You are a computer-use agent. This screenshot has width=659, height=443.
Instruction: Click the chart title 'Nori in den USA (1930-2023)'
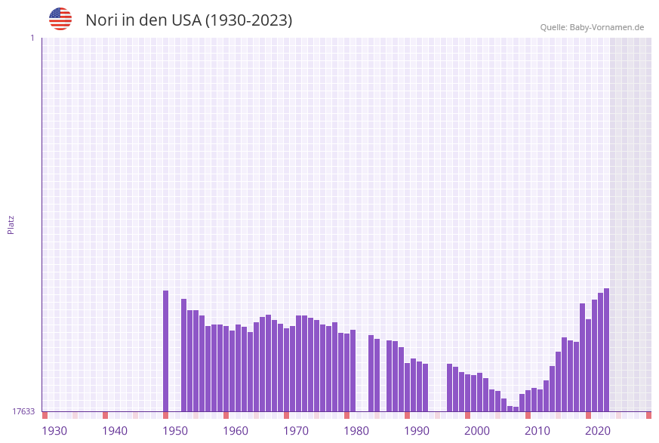click(x=189, y=20)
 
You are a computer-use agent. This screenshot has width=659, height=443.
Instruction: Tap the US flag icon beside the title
click(x=60, y=19)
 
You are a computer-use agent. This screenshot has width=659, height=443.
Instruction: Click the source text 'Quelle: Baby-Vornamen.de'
click(x=592, y=27)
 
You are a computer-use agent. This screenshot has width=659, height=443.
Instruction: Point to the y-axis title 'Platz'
click(x=11, y=224)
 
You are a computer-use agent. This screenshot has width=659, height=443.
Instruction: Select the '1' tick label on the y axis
click(x=32, y=38)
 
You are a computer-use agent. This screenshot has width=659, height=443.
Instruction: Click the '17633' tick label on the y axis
click(x=23, y=411)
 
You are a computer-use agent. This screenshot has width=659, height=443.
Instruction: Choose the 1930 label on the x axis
click(x=54, y=431)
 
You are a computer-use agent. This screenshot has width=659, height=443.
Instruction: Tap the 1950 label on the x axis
click(x=175, y=431)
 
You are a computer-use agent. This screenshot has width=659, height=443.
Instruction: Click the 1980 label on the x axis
click(x=356, y=431)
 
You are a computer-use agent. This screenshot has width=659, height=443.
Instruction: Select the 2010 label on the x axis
click(x=537, y=431)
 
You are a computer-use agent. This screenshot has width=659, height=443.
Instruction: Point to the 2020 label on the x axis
click(x=598, y=431)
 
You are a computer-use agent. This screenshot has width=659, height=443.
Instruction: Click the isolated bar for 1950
click(x=166, y=351)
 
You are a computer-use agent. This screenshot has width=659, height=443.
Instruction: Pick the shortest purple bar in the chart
click(x=516, y=409)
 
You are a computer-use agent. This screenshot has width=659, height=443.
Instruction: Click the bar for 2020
click(x=588, y=365)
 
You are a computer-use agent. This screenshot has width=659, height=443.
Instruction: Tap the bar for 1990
click(x=408, y=387)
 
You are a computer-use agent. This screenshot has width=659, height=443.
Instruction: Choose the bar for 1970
click(x=287, y=370)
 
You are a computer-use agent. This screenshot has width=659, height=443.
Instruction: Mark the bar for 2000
click(x=468, y=392)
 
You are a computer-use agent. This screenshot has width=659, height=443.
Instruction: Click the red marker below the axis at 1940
click(x=106, y=415)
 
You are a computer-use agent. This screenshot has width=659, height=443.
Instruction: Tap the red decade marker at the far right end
click(x=648, y=415)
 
